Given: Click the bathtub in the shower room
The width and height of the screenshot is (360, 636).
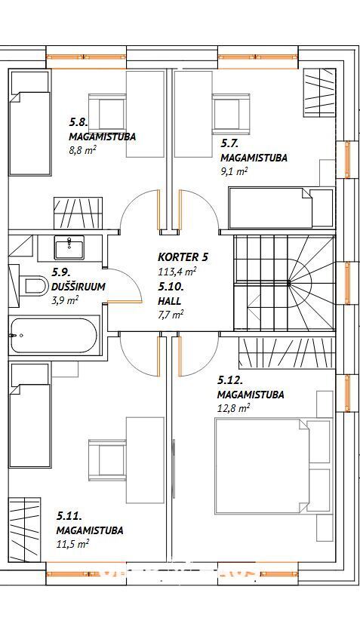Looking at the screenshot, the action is pos(54,336).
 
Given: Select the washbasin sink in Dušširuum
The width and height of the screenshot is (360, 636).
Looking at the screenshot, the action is pos(69,247).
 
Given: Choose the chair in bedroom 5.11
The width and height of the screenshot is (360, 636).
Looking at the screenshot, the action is pos(107,459).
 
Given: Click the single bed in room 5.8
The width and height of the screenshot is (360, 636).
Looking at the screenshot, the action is pos(29,123).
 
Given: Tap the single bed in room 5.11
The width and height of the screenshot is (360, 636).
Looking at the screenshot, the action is pos(29,415).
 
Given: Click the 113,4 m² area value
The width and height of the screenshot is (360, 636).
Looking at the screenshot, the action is pos(177,271).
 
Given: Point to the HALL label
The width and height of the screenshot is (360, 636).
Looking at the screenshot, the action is pos(169,301).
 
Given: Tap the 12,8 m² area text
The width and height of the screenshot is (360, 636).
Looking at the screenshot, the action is pos(233,408).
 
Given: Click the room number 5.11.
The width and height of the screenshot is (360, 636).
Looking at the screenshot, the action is pos(69,516).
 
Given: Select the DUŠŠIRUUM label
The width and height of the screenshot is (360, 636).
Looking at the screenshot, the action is pos(78,287).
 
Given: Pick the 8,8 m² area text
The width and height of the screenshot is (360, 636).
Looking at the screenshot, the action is pos(82,150).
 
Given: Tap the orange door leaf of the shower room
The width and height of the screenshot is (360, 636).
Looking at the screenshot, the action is pos(125,302).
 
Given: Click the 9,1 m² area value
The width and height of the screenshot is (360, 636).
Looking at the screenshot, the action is pos(233,171).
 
